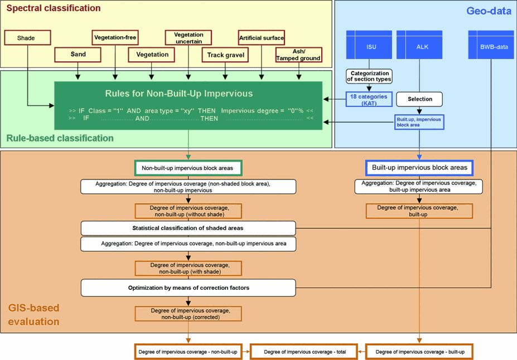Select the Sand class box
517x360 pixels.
coord(78,55)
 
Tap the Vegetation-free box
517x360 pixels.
coord(115,38)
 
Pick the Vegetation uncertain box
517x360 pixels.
coord(188,38)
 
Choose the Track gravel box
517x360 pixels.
coord(225,55)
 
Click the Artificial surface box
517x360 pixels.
coord(262,38)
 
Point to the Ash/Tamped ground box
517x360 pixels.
coord(299,55)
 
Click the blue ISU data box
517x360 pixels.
coord(371,46)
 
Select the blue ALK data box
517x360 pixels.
coord(420,46)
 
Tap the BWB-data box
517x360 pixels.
coord(491,46)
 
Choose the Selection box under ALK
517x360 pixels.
coord(420,99)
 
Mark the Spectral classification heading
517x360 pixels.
coord(54,8)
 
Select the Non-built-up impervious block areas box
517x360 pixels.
coord(188,167)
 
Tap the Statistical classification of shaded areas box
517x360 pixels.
coord(188,228)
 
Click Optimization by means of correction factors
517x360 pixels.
coord(188,288)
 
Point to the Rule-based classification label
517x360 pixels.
coord(60,138)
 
